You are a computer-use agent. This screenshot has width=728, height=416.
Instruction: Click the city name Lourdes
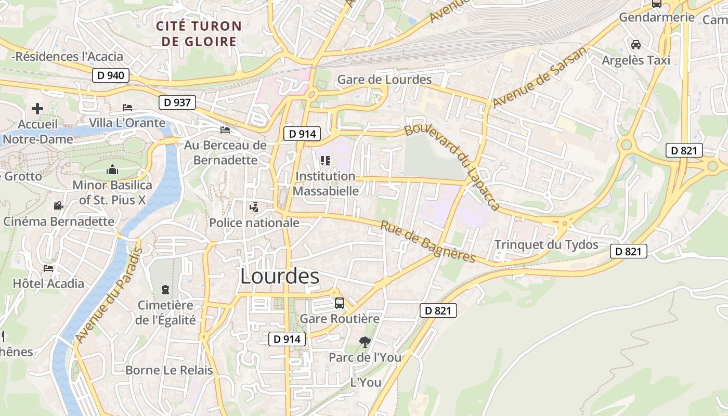click(x=280, y=276)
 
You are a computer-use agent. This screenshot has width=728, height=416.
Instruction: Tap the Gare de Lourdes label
click(x=384, y=80)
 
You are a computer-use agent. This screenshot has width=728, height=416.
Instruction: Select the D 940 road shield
click(x=111, y=75)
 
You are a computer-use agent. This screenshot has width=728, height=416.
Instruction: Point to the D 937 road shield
click(x=177, y=102)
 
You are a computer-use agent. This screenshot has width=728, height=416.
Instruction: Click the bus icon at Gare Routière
click(x=340, y=303)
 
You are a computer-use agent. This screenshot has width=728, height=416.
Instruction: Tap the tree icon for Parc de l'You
click(x=365, y=342)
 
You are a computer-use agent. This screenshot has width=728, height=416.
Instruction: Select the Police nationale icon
click(x=254, y=208)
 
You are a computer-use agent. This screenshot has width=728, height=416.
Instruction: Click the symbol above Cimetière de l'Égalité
click(x=165, y=289)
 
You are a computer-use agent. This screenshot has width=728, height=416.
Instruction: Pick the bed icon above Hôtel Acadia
click(x=48, y=268)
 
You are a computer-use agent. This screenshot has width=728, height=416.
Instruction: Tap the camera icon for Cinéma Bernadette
click(x=58, y=205)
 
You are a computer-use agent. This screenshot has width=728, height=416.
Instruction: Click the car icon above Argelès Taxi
click(x=635, y=45)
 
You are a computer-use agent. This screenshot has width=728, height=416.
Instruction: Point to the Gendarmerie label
click(x=656, y=17)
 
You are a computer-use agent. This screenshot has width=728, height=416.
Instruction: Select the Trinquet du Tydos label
click(x=546, y=244)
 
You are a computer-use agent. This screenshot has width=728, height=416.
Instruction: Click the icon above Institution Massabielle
click(x=325, y=161)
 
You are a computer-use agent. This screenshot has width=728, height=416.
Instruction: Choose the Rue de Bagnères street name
click(x=427, y=241)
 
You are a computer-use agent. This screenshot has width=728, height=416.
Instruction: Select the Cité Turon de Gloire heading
click(x=199, y=33)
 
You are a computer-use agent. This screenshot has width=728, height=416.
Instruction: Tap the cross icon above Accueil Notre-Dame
click(x=37, y=109)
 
